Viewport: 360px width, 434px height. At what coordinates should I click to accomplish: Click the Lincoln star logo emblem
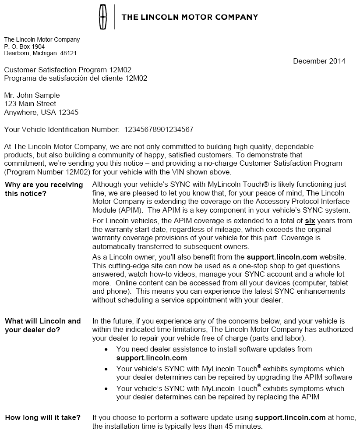point(103,17)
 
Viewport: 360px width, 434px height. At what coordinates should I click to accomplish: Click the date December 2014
point(319,61)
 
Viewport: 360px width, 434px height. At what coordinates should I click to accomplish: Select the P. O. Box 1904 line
point(25,46)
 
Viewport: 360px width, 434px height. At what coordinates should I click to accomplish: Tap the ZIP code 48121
point(68,53)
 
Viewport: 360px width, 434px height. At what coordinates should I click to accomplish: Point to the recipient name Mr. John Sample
point(32,95)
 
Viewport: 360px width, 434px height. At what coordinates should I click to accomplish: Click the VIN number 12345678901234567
point(159,129)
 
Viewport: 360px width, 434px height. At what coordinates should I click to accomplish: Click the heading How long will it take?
point(43,418)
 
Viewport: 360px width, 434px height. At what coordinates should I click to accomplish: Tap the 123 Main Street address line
point(30,104)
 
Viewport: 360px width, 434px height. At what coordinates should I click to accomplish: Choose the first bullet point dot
point(106,349)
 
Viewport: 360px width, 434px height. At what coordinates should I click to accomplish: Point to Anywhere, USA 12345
point(42,113)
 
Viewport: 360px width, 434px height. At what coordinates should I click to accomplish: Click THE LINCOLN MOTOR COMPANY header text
point(190,18)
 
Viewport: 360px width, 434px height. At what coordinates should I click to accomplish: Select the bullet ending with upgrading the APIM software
point(234,373)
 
